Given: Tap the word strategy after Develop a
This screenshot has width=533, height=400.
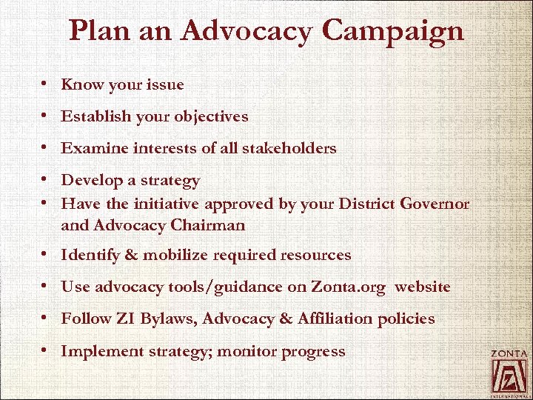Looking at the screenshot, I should [172, 181].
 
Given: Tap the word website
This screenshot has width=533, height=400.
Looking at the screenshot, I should [423, 287].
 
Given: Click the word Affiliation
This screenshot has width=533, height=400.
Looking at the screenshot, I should [333, 319].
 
